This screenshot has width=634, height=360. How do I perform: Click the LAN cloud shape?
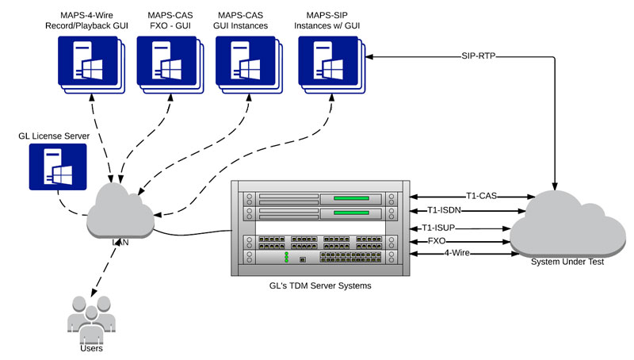coord(120,213)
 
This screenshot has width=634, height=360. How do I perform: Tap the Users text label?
coord(91,347)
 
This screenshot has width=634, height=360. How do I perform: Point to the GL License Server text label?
coord(54,136)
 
